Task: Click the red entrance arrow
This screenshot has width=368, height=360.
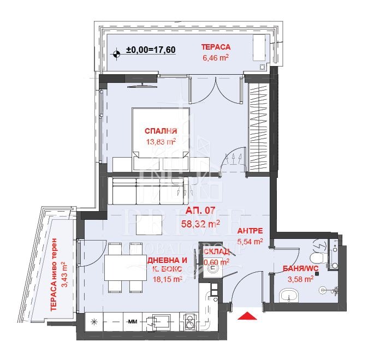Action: [x=247, y=316]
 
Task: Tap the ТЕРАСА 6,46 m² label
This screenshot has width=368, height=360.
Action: [x=216, y=52]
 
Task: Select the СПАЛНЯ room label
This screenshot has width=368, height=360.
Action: [x=161, y=131]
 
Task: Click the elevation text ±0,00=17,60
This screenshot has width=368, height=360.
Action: [x=151, y=50]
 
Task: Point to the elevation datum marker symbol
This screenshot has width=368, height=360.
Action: [x=116, y=54]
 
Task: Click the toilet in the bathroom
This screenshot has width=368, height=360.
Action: [x=318, y=257]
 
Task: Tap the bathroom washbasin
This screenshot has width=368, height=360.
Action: [x=289, y=295]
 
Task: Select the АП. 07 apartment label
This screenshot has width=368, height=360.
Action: [x=200, y=211]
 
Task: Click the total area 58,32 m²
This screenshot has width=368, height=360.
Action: [x=200, y=224]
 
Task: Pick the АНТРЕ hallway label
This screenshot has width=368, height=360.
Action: [x=250, y=231]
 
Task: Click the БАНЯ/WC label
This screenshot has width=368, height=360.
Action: [x=301, y=269]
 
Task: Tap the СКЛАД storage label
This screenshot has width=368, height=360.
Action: [x=217, y=252]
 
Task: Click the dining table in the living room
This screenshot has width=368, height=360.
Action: [x=124, y=268]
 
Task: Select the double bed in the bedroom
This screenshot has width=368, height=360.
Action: [x=161, y=139]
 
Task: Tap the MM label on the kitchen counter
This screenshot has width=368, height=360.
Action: [x=133, y=322]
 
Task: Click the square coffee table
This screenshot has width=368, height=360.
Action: [x=149, y=224]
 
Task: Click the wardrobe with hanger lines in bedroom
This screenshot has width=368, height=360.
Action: [x=259, y=127]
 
